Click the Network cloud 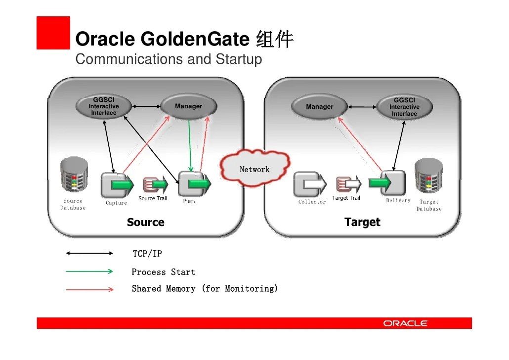(254, 169)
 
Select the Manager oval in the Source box (188, 106)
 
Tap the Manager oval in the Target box (319, 107)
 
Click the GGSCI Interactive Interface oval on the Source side (104, 106)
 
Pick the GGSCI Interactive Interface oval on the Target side (404, 107)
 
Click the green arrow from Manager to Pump (190, 143)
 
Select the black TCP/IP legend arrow (89, 254)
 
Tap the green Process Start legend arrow (89, 271)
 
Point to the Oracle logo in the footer (405, 323)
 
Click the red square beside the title (53, 33)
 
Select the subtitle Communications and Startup (169, 59)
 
